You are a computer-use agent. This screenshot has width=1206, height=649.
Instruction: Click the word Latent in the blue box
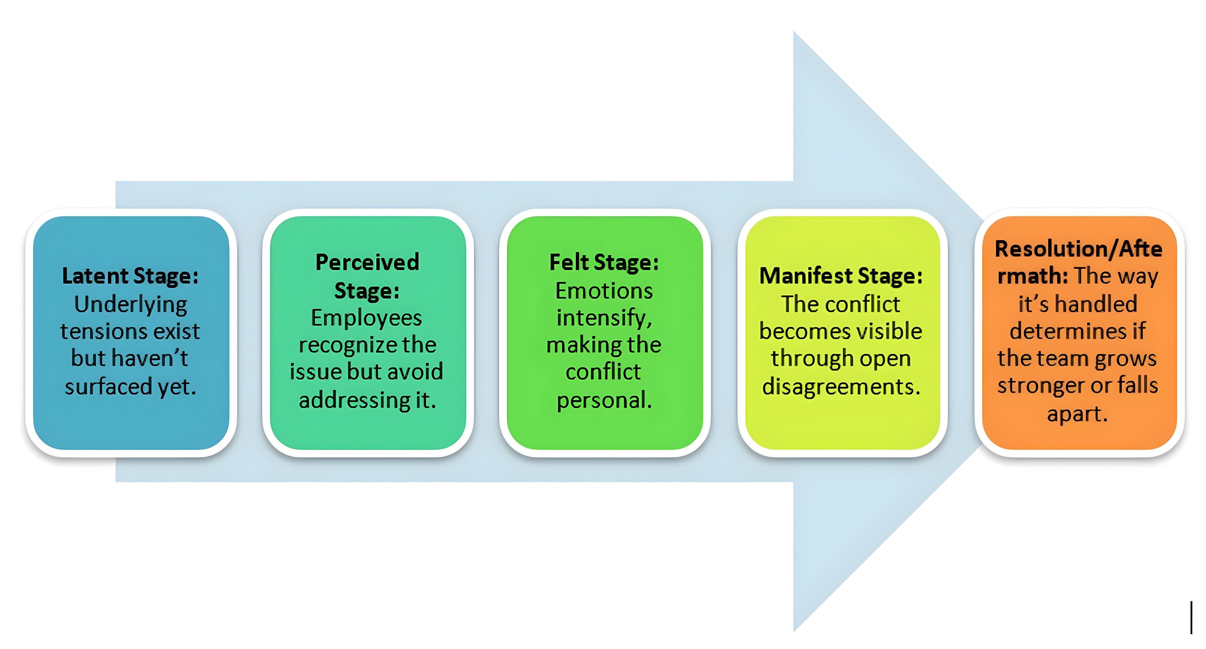(95, 276)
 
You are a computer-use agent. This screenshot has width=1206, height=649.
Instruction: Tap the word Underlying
(131, 304)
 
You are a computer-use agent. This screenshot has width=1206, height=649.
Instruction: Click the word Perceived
(367, 262)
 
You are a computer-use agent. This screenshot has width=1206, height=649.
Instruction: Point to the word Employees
(367, 318)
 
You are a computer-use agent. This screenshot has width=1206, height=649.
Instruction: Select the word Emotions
(604, 291)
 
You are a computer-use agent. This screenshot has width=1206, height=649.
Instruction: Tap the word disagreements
(841, 387)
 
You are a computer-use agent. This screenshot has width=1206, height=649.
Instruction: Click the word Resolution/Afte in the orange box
(1078, 249)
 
